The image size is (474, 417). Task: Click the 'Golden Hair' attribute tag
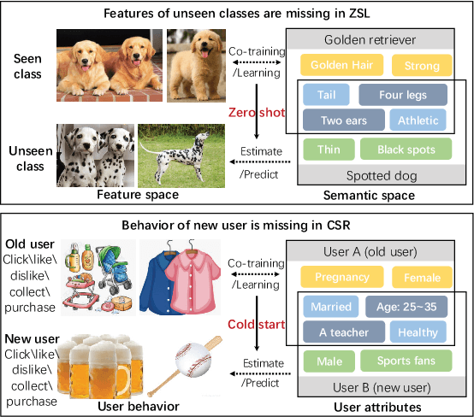pyautogui.click(x=341, y=65)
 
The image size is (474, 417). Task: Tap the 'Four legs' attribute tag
pyautogui.click(x=404, y=94)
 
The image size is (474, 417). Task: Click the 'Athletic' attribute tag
pyautogui.click(x=418, y=121)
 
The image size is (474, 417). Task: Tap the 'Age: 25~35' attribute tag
pyautogui.click(x=404, y=306)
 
